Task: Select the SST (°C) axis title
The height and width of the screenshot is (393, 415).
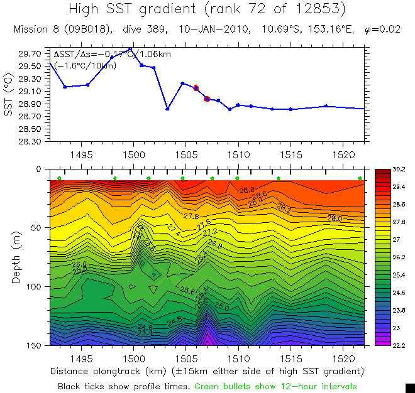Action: click(x=9, y=97)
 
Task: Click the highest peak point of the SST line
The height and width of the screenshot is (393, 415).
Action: click(x=130, y=49)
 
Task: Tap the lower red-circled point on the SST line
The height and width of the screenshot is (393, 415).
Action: click(x=207, y=99)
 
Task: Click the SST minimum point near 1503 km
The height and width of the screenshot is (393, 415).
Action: click(x=167, y=109)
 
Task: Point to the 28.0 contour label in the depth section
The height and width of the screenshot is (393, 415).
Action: click(x=335, y=218)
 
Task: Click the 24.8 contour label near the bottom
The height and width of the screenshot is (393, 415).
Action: click(x=175, y=321)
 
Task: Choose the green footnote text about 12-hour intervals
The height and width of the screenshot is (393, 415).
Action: click(x=275, y=386)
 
